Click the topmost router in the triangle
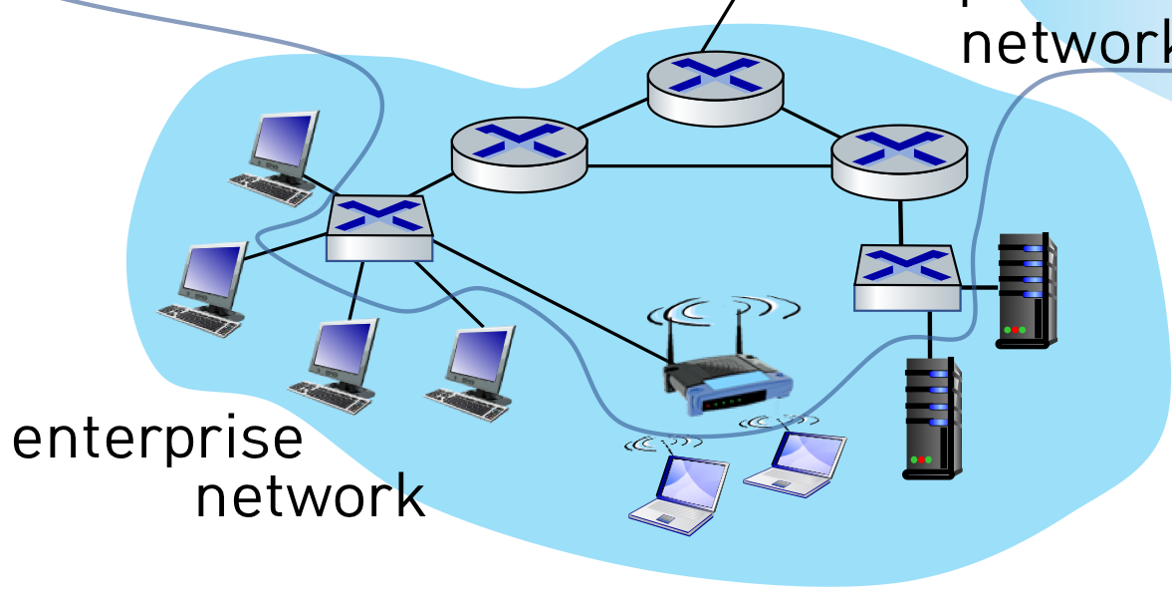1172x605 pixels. click(715, 87)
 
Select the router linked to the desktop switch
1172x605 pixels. click(519, 153)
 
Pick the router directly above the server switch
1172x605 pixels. click(899, 160)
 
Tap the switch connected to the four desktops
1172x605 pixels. click(380, 228)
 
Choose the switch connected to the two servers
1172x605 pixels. click(907, 277)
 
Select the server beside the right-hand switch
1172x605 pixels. click(1027, 289)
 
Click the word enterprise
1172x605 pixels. click(157, 440)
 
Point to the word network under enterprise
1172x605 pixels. click(310, 495)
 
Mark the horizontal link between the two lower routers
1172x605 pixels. click(709, 165)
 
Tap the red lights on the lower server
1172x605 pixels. click(919, 459)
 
